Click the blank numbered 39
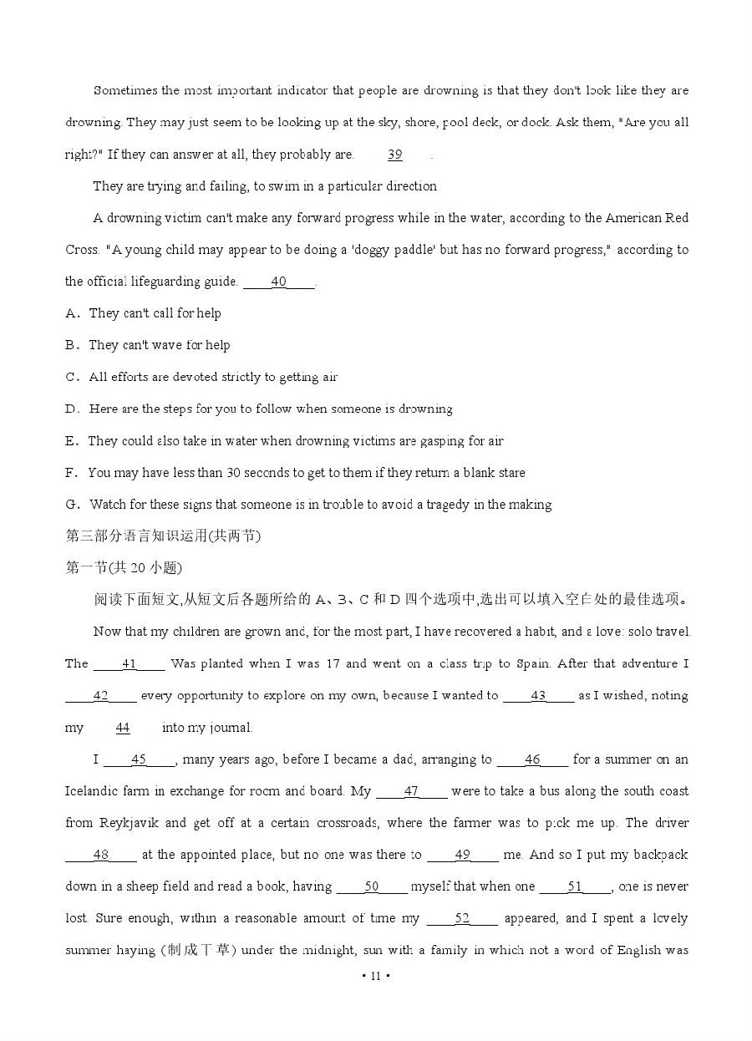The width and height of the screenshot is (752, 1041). (395, 155)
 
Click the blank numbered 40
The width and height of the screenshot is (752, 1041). (279, 282)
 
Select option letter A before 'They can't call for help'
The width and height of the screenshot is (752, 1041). (71, 313)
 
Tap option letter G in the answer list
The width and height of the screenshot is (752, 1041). (71, 505)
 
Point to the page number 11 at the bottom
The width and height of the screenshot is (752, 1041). (376, 976)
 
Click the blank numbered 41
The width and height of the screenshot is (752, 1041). (130, 664)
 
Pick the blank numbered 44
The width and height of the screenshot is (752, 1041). (123, 728)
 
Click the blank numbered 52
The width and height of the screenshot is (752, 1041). (462, 919)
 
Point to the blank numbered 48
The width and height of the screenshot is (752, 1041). (101, 856)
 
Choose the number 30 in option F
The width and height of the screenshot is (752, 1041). (233, 473)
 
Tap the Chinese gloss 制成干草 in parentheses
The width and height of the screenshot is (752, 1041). (200, 951)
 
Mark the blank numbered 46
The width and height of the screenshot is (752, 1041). (532, 760)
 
